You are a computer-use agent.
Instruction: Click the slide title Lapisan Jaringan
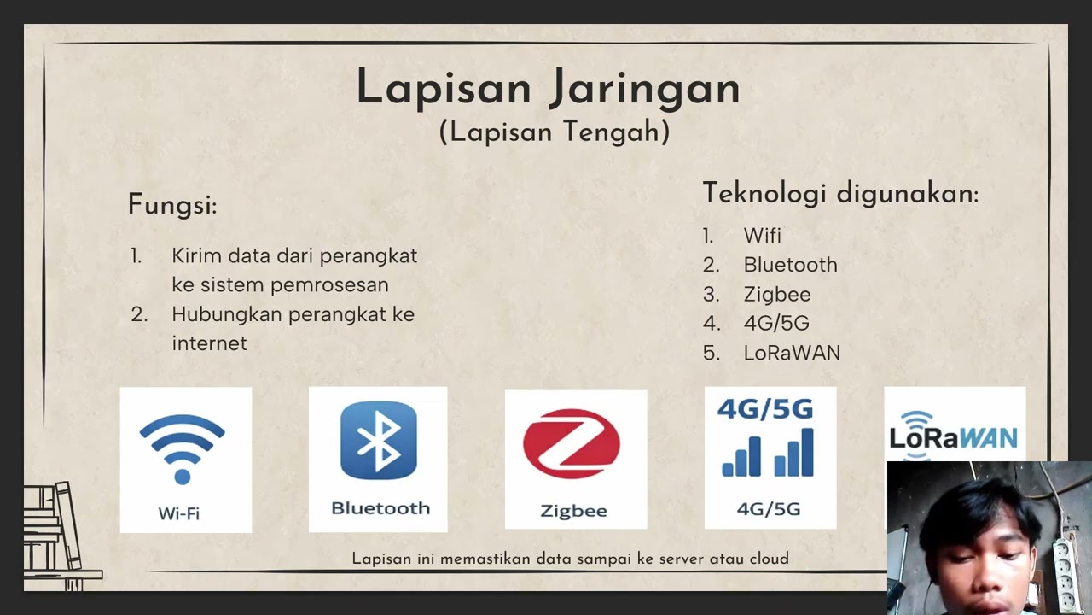[548, 89]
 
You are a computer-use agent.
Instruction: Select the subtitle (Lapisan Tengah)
[555, 132]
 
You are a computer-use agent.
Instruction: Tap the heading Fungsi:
[172, 205]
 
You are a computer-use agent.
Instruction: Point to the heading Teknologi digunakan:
[840, 193]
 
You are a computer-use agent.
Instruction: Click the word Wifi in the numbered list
[762, 236]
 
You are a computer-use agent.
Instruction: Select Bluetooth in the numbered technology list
[790, 265]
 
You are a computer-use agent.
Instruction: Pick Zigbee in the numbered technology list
[776, 294]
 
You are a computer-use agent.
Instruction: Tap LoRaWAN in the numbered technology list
[792, 352]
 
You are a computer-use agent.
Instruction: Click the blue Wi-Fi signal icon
[182, 447]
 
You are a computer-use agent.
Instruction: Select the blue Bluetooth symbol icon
[378, 441]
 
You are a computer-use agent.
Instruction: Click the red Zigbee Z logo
[572, 443]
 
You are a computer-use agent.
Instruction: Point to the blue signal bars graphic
[768, 453]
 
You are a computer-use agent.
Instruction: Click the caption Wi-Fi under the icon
[179, 513]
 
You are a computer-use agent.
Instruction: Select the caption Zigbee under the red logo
[573, 511]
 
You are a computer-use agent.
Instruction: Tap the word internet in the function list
[209, 343]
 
